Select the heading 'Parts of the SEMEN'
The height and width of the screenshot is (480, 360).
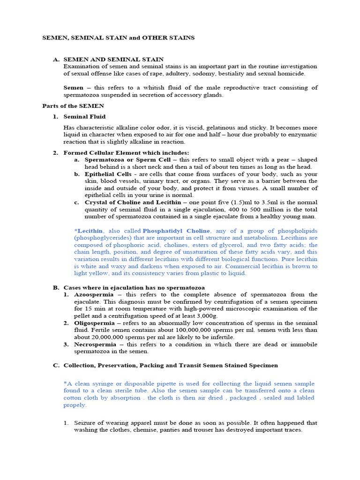73,106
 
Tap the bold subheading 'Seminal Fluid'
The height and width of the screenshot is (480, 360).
84,116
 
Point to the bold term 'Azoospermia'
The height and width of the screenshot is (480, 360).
94,294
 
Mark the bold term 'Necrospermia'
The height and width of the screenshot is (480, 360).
95,344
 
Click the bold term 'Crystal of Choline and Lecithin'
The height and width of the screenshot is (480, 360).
133,202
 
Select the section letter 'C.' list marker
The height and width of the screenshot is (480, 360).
55,365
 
